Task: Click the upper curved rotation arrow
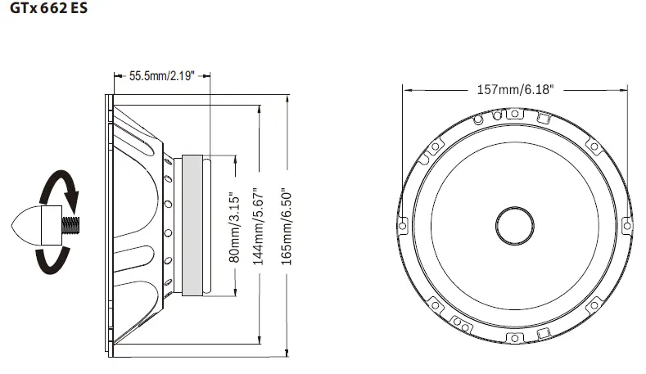click(61, 190)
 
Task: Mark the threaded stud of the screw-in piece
click(70, 223)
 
